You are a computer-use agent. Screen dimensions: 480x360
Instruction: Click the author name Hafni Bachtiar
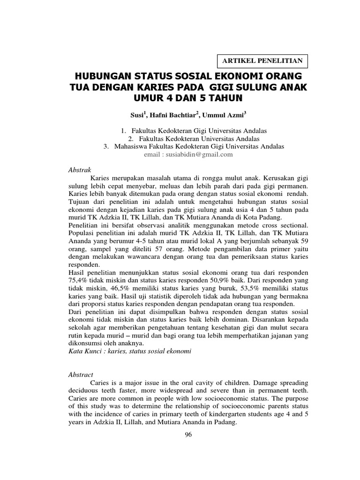pyautogui.click(x=171, y=114)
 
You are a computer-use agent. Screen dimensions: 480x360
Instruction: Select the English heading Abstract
pyautogui.click(x=81, y=375)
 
